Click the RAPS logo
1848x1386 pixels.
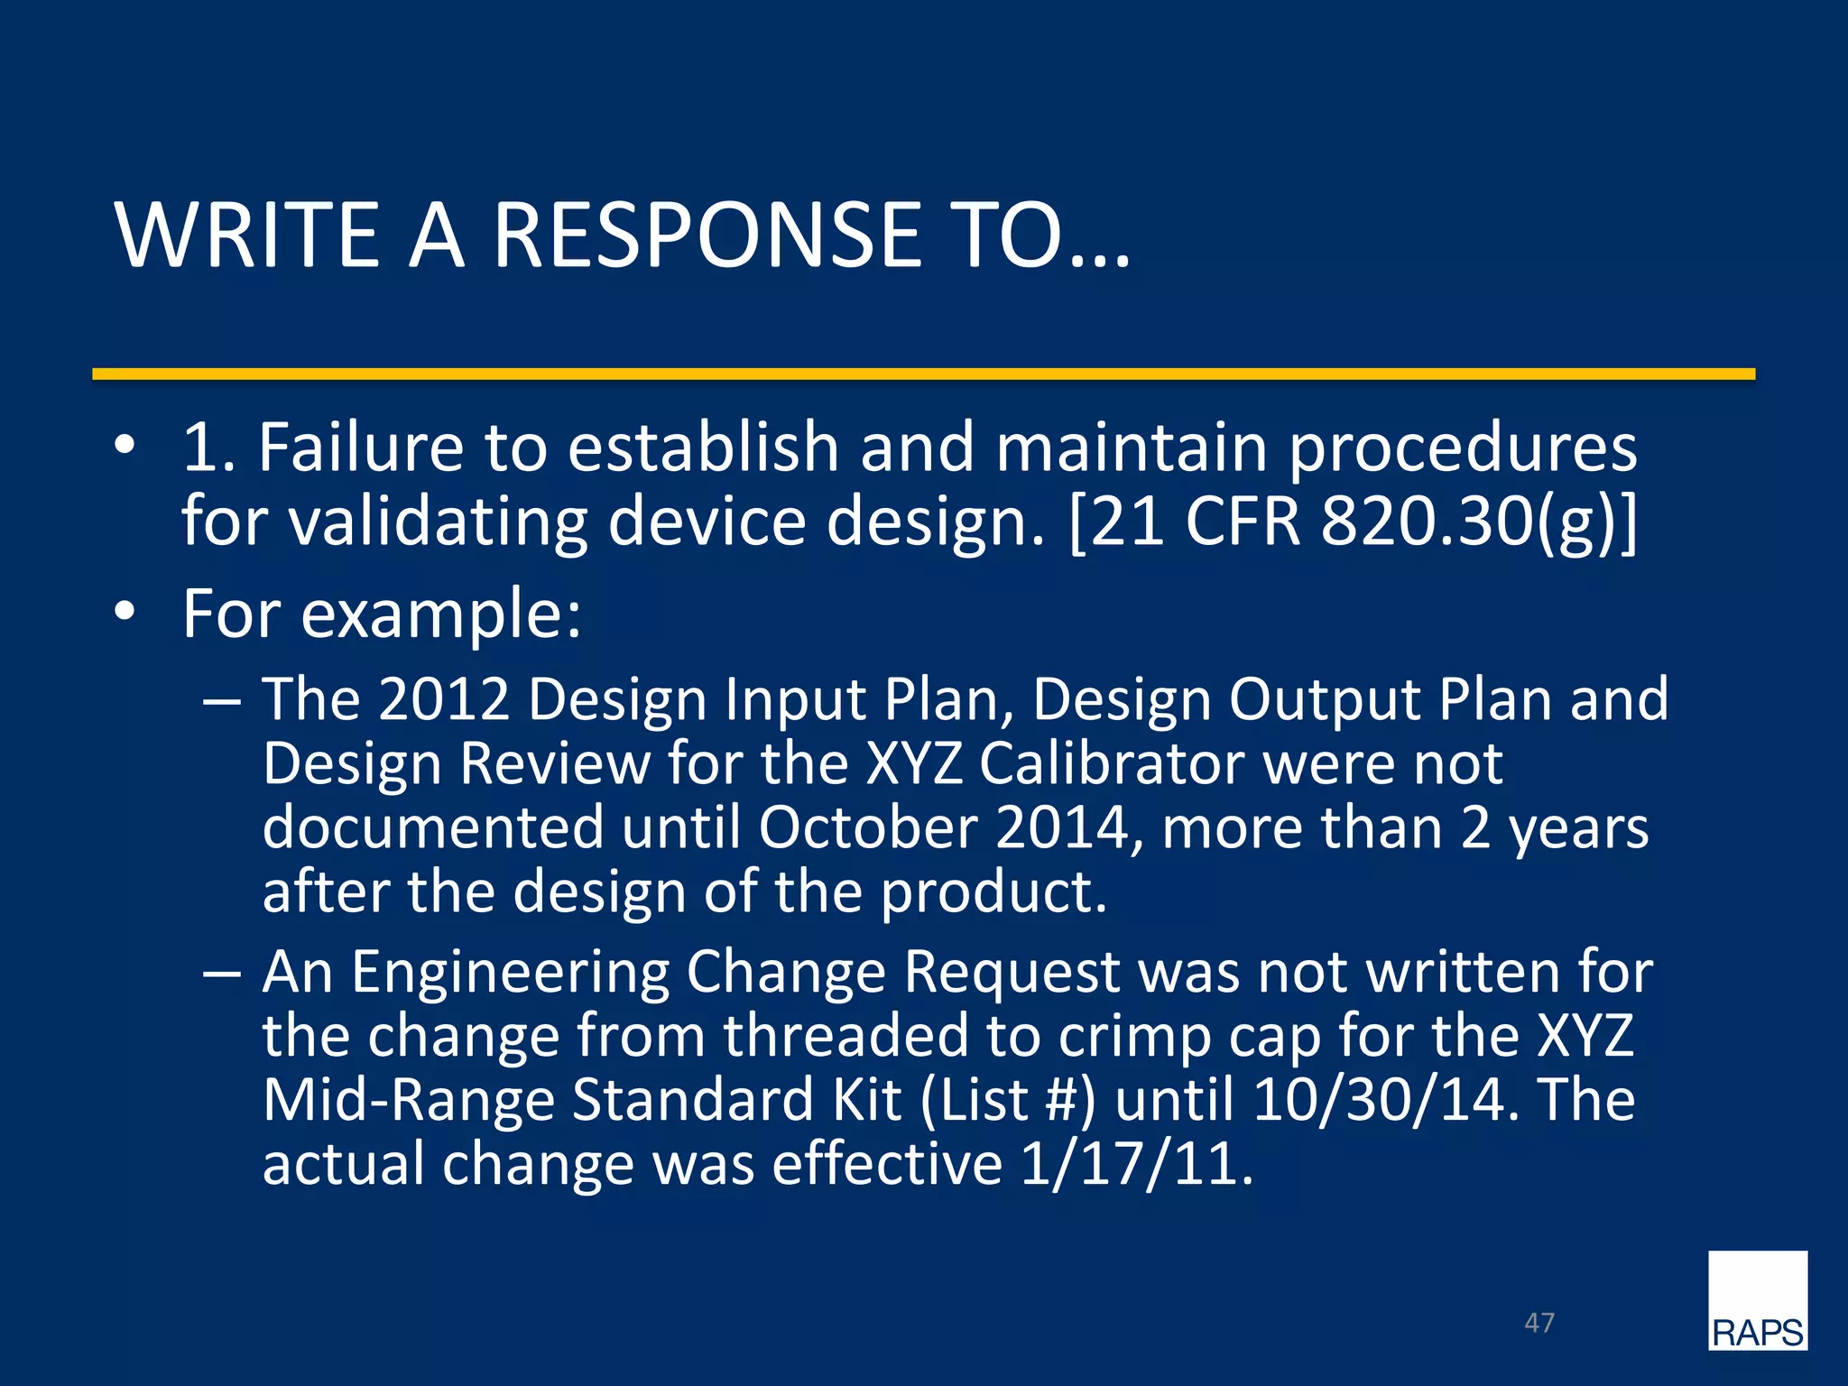tap(1757, 1300)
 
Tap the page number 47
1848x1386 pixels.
tap(1538, 1323)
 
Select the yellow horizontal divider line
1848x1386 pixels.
tap(923, 374)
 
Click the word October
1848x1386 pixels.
tap(867, 827)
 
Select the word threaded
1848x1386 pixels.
tap(845, 1036)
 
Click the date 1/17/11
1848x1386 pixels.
tap(1136, 1164)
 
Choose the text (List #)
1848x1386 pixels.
tap(1008, 1100)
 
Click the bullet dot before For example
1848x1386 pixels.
tap(125, 613)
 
